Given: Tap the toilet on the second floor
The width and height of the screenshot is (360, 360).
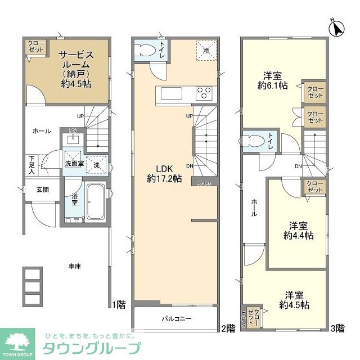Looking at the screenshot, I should [x=146, y=49].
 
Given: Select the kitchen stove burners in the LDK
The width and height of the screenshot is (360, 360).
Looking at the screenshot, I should [x=204, y=93].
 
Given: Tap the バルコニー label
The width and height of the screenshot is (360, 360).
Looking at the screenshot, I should [x=177, y=319].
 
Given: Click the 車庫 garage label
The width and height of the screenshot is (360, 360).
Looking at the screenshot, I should [x=75, y=266].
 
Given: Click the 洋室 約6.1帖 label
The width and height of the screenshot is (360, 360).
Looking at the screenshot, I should [x=273, y=81].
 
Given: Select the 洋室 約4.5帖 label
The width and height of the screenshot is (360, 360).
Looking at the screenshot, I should [x=294, y=300].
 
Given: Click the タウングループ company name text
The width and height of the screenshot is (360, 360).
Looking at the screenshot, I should [x=89, y=347].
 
